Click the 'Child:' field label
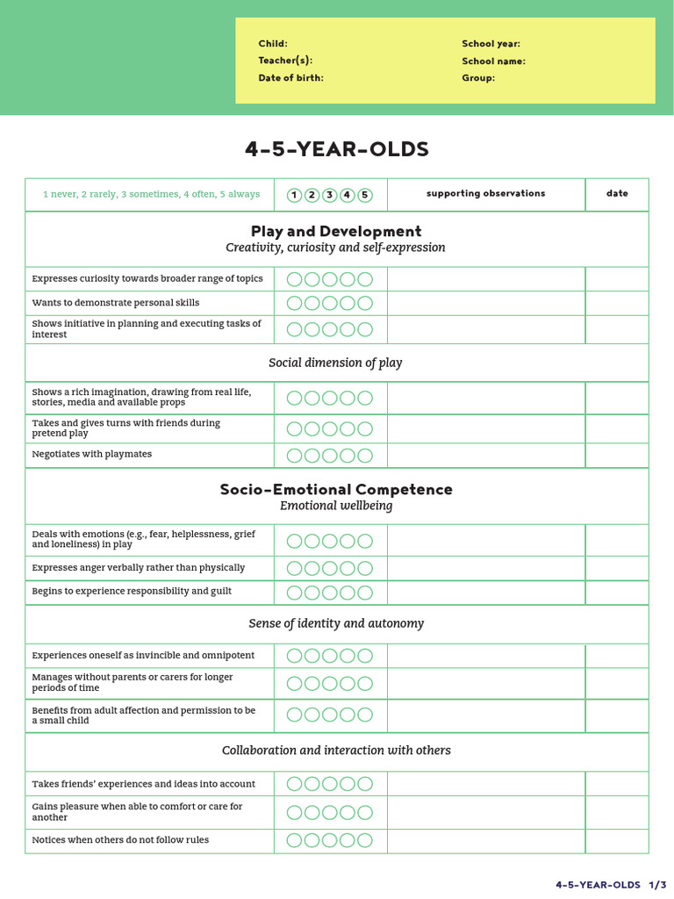[x=272, y=44]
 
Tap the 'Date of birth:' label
[x=290, y=78]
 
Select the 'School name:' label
[x=493, y=61]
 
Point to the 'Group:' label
[x=478, y=78]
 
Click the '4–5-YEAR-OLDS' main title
[x=337, y=149]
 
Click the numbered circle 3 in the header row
[x=330, y=195]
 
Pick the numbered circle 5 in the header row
[x=365, y=195]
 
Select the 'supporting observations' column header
[x=485, y=194]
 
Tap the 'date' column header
[x=617, y=194]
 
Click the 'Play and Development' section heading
[x=336, y=232]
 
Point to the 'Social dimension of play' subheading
[x=335, y=363]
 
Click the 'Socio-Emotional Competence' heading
[x=336, y=490]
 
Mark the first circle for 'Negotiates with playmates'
[x=294, y=456]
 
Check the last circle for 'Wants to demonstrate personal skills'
[x=365, y=304]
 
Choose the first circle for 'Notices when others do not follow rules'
[x=294, y=841]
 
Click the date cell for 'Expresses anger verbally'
[x=617, y=568]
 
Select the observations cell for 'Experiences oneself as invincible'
[x=485, y=656]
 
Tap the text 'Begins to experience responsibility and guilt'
[x=132, y=592]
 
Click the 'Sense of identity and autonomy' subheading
[x=336, y=624]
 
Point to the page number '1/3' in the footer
[x=658, y=885]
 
